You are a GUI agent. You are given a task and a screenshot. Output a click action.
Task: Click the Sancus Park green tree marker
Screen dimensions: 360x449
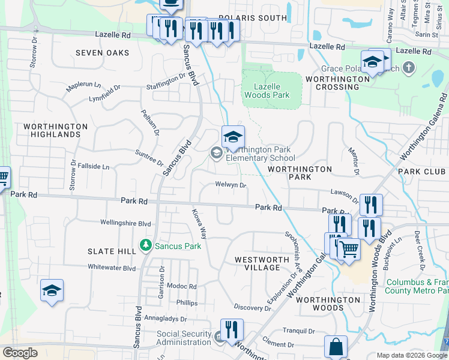click(145, 245)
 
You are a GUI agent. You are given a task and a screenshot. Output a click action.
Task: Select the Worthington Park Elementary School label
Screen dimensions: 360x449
click(261, 154)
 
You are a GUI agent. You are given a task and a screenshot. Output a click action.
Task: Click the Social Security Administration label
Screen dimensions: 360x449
click(184, 338)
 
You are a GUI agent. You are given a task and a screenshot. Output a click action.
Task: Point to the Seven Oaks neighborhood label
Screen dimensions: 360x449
click(103, 53)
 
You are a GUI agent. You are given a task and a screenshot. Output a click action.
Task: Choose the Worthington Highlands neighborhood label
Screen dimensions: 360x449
click(56, 131)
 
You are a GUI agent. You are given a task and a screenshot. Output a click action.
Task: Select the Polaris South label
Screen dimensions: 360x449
click(253, 18)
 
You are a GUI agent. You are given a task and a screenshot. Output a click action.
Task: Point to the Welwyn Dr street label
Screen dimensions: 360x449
click(231, 185)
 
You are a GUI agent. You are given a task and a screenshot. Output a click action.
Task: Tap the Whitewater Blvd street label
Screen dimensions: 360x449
click(112, 268)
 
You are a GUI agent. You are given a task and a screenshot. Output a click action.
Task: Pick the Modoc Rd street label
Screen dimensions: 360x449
click(182, 287)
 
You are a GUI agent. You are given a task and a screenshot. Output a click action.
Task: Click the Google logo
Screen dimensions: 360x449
click(20, 353)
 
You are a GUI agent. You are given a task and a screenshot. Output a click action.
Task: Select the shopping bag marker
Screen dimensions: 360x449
click(336, 347)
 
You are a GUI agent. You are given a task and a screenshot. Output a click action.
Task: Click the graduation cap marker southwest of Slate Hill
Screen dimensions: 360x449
click(52, 291)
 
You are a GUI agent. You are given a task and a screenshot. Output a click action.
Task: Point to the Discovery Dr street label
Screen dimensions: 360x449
click(253, 308)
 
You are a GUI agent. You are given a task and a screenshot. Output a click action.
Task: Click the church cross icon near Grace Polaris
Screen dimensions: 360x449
click(408, 66)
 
